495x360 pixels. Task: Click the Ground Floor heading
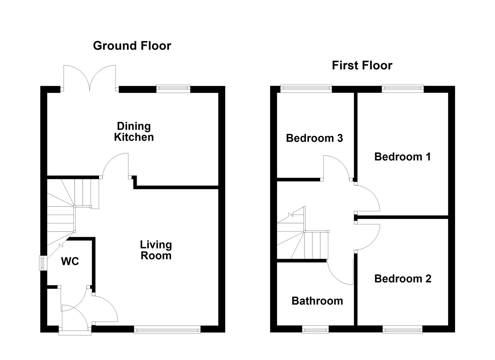(x=132, y=46)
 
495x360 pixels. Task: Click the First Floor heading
(x=362, y=65)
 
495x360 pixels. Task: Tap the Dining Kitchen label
(x=134, y=132)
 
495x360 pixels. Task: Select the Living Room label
(x=156, y=250)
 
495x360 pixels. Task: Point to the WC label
(x=70, y=262)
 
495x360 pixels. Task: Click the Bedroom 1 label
(x=402, y=157)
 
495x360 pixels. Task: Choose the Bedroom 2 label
(x=403, y=279)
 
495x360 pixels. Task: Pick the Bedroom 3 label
(x=314, y=138)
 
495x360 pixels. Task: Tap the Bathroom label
(x=317, y=301)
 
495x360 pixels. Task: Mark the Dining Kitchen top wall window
(x=173, y=88)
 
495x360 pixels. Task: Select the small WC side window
(x=43, y=263)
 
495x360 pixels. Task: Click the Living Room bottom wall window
(x=167, y=330)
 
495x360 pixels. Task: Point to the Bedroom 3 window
(x=306, y=88)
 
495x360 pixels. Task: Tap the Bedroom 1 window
(x=403, y=88)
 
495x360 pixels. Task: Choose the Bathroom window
(x=315, y=330)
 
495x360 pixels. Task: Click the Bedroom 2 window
(x=403, y=330)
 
